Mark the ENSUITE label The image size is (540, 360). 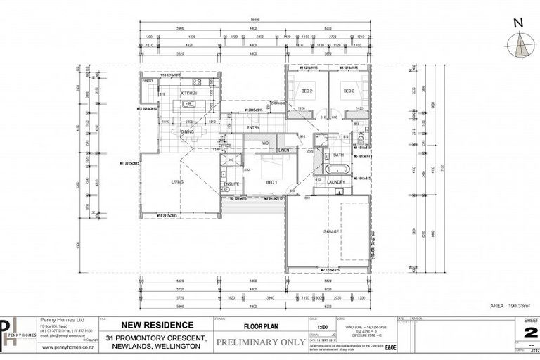click(x=231, y=184)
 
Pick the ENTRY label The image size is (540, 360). click(x=253, y=127)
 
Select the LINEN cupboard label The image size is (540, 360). click(x=283, y=150)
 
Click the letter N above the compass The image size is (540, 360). click(x=518, y=22)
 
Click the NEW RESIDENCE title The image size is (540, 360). click(x=159, y=325)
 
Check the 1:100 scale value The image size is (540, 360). click(x=321, y=327)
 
